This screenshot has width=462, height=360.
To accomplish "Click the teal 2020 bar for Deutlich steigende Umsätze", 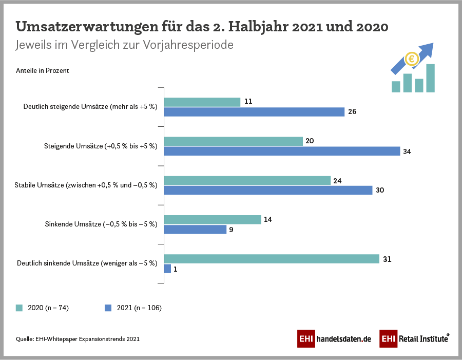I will (202, 102).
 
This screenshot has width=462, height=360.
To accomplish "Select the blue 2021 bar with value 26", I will (254, 111).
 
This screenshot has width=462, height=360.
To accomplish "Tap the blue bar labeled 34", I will (282, 151).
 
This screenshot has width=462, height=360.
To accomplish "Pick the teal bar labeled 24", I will (247, 181).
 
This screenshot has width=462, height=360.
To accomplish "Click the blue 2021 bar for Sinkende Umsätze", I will (195, 230).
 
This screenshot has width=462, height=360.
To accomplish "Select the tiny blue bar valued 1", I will (167, 269).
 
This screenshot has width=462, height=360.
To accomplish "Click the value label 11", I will (248, 102).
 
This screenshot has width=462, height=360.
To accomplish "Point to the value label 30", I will (380, 191).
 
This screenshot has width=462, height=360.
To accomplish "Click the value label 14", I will (267, 220).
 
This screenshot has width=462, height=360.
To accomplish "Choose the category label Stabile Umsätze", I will (86, 185).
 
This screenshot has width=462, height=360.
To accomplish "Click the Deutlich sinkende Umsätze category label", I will (87, 263).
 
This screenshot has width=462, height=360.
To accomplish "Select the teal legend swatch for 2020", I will (20, 308).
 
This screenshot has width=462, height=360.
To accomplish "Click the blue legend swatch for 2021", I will (108, 308).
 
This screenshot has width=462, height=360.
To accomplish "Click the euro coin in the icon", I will (411, 60).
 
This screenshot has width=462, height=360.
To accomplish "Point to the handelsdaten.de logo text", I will (343, 339).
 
